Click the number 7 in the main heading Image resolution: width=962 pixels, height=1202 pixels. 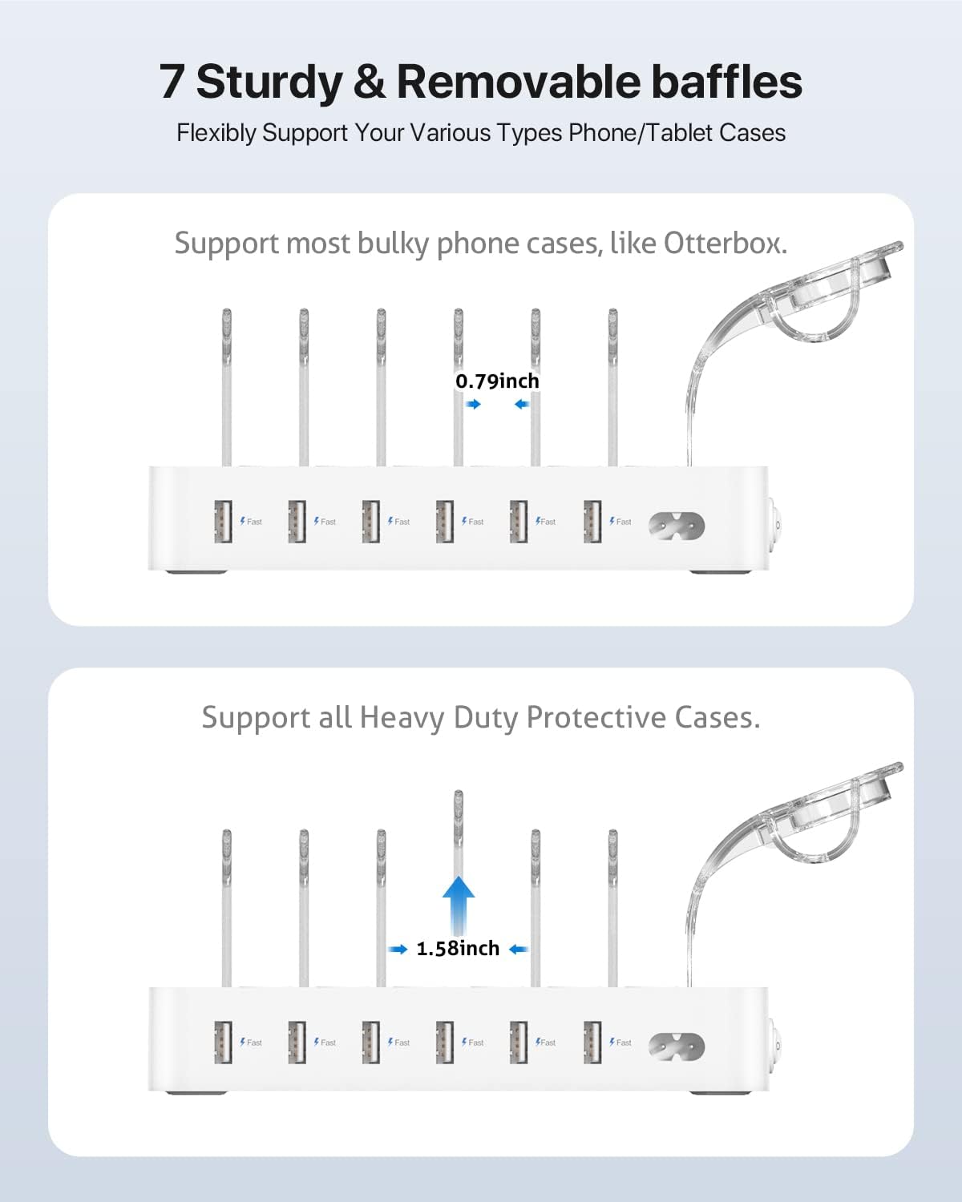tap(171, 82)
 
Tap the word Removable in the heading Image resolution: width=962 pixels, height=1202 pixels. tap(518, 82)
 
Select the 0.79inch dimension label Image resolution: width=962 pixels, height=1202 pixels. tap(497, 381)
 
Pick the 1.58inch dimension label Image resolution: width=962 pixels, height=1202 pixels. tap(458, 949)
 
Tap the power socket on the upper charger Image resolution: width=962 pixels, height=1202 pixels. tap(677, 526)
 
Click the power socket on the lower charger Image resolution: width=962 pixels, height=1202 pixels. tap(677, 1047)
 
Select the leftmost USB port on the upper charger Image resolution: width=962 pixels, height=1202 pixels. tap(223, 522)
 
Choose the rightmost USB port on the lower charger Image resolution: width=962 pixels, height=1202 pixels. tap(592, 1043)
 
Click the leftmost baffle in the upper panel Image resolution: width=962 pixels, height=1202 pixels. tap(226, 387)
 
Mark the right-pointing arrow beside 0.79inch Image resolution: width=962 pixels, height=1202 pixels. tap(474, 404)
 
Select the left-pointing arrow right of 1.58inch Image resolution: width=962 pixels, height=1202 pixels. tap(519, 949)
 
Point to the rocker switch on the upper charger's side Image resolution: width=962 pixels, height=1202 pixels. tap(777, 523)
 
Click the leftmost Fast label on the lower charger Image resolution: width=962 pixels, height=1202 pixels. tap(251, 1043)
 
